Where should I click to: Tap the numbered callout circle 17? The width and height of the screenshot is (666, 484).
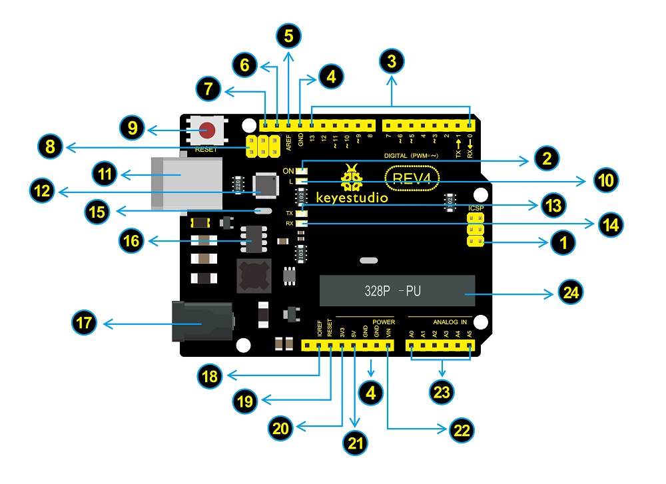tap(83, 324)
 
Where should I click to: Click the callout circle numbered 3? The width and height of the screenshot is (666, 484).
tap(392, 64)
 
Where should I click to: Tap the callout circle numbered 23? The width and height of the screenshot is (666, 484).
tap(442, 391)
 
